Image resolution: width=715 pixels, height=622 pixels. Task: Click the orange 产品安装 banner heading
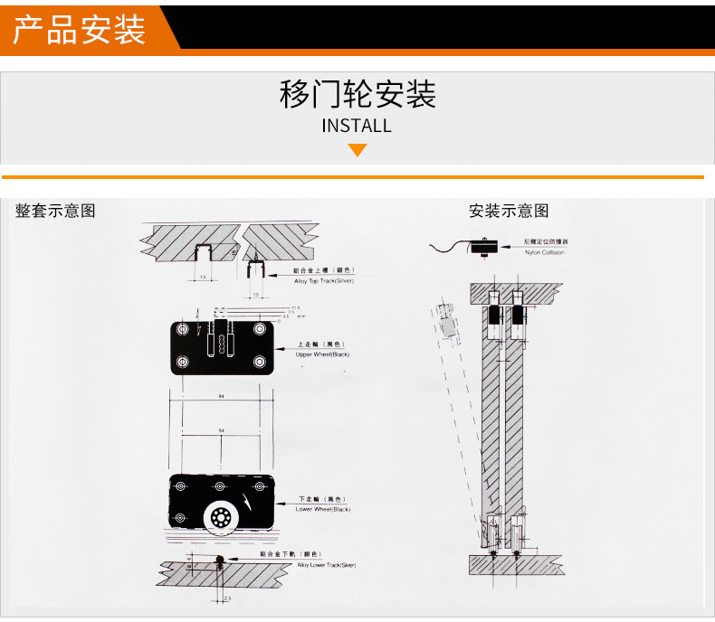point(80,28)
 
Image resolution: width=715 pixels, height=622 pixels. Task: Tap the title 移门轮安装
point(357,94)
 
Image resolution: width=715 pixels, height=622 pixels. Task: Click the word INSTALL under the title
point(357,126)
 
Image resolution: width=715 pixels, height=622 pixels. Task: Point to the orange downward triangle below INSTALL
point(357,149)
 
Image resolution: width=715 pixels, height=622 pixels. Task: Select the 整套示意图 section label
point(55,211)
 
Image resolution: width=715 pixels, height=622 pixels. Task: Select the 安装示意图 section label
point(509,211)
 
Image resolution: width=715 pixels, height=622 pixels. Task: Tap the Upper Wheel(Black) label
point(322,354)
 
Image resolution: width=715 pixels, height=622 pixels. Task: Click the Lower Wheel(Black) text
point(322,509)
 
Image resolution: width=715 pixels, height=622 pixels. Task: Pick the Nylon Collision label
point(544,252)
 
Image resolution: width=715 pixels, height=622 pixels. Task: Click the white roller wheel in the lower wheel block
point(220,518)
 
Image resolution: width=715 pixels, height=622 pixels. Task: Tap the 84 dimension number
point(221,395)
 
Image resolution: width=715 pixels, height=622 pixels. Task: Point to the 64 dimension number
point(221,431)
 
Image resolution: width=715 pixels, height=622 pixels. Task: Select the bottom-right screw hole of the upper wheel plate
point(260,363)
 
